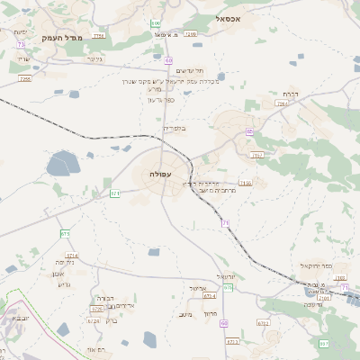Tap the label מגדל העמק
coord(86,37)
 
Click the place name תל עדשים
coord(188,70)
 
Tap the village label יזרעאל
coord(226,276)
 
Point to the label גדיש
coord(62,284)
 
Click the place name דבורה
coord(104,297)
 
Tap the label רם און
coord(96,349)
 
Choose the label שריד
coord(24,59)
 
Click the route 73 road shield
coord(20,43)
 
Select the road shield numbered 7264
coord(281,104)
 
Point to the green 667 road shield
coord(323,343)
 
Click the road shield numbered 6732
coord(263,321)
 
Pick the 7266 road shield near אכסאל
coord(190,33)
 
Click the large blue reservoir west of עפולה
coord(63,164)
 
